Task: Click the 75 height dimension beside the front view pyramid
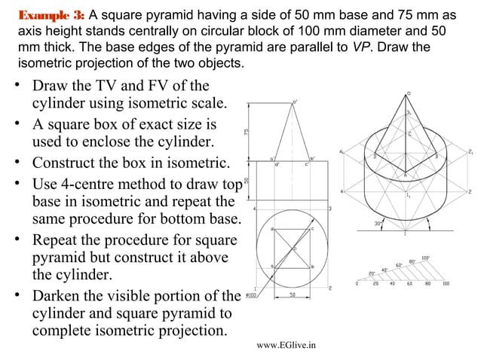[x=246, y=131]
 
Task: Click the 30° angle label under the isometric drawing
[x=381, y=224]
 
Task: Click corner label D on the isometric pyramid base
[x=375, y=156]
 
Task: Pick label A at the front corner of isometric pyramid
[x=404, y=175]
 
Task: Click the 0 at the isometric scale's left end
[x=357, y=284]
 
